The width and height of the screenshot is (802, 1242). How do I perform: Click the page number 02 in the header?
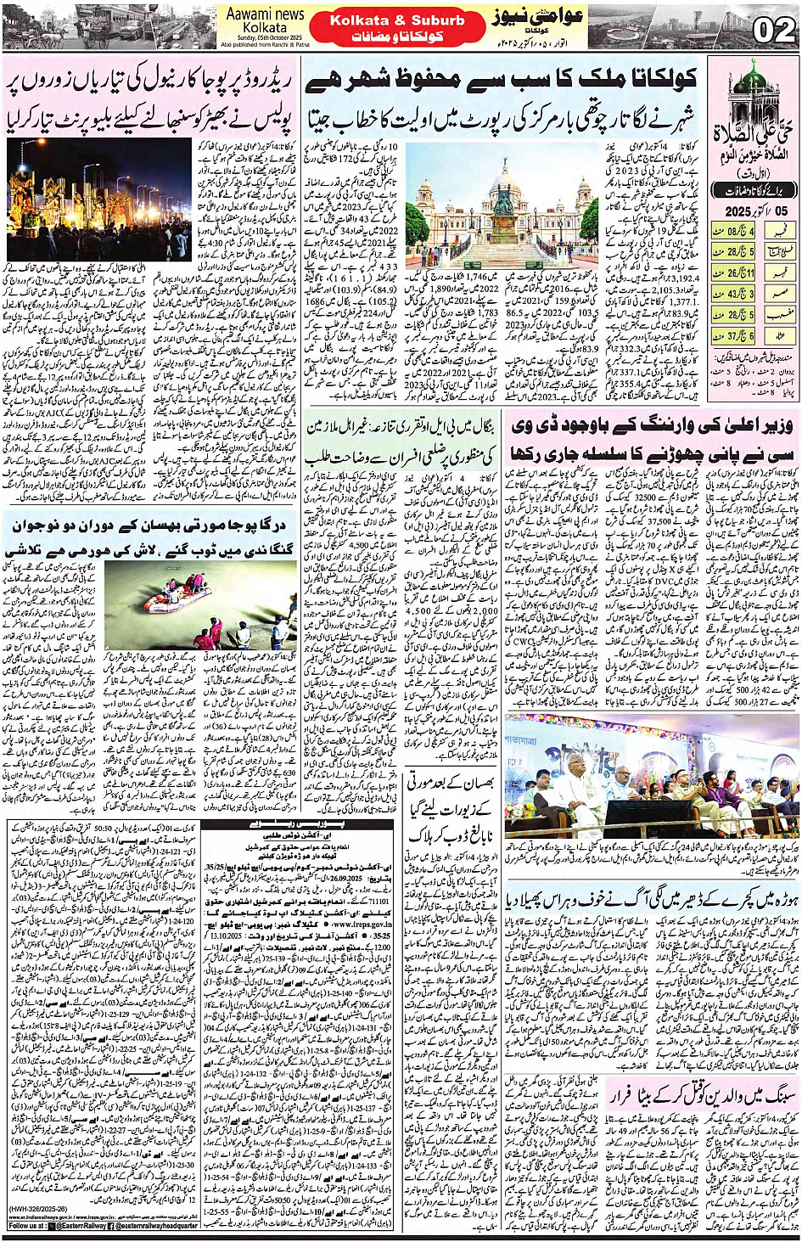coord(773,30)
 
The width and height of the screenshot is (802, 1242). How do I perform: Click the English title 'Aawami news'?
coord(265,14)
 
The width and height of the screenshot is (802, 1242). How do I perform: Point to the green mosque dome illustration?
coord(753,81)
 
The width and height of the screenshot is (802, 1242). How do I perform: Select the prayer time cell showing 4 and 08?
coord(740,230)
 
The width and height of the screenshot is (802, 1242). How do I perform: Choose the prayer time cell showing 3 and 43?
coord(740,294)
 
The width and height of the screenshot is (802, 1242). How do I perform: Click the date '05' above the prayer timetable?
coord(780,211)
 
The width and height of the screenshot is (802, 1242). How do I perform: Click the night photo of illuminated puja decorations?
coord(99,200)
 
